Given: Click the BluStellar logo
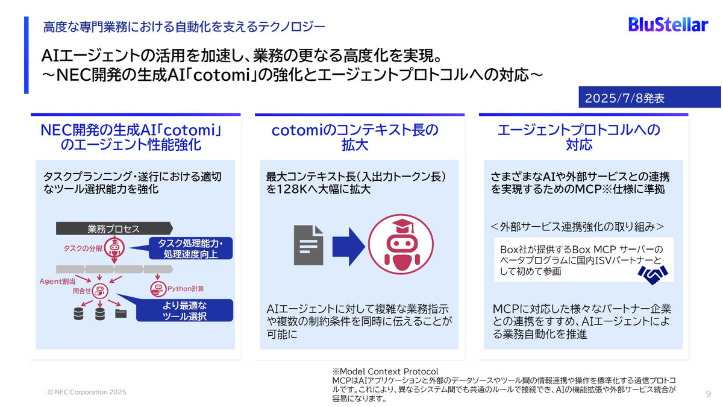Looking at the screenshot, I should tap(668, 24).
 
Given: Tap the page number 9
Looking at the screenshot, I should tap(708, 393).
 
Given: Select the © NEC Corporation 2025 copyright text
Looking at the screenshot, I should tap(87, 392).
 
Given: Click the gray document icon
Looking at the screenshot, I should tap(308, 245).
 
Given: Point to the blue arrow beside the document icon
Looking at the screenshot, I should tap(348, 245).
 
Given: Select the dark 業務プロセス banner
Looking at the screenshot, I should tap(114, 229).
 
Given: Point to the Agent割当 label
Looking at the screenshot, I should tap(58, 281).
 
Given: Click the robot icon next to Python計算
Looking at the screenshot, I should tap(158, 288).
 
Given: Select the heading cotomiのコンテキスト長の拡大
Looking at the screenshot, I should tap(355, 137).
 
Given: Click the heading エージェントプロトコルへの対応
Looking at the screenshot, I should tap(579, 137).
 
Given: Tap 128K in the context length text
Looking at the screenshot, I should tap(289, 189).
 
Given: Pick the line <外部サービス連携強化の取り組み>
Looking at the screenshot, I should tap(577, 226).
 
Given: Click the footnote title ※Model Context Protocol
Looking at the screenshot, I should tap(385, 371).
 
